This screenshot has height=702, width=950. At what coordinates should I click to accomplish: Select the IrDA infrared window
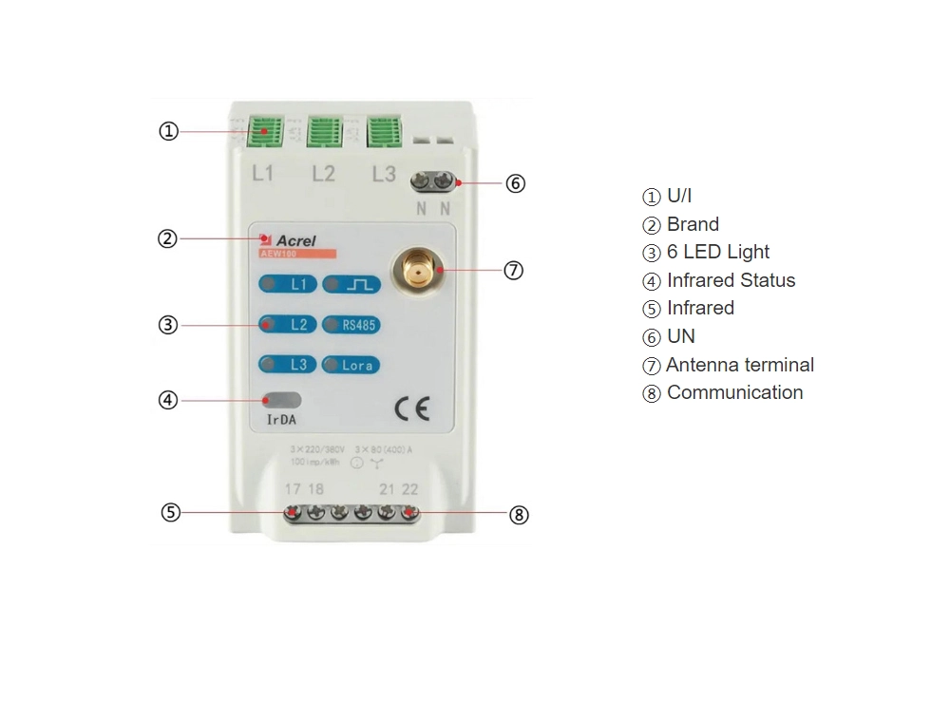(x=282, y=400)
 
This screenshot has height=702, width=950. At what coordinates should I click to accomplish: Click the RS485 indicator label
(x=351, y=325)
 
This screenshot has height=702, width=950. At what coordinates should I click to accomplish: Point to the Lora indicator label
(x=351, y=365)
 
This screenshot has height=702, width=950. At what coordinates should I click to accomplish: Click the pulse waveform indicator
(x=351, y=284)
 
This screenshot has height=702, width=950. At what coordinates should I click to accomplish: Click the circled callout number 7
(x=513, y=271)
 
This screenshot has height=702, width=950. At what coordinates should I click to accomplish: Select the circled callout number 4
(x=168, y=400)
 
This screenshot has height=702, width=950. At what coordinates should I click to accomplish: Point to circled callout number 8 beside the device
(x=518, y=515)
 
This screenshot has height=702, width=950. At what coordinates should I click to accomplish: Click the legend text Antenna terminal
(x=739, y=365)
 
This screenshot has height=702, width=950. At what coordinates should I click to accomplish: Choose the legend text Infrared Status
(x=731, y=280)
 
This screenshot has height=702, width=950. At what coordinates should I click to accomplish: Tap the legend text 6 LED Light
(x=717, y=252)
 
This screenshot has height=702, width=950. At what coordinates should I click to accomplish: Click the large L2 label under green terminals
(x=323, y=174)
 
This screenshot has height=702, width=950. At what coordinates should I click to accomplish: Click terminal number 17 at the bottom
(x=293, y=489)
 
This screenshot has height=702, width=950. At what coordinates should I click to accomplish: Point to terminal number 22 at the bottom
(x=409, y=489)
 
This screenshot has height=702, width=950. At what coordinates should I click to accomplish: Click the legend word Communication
(x=734, y=392)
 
